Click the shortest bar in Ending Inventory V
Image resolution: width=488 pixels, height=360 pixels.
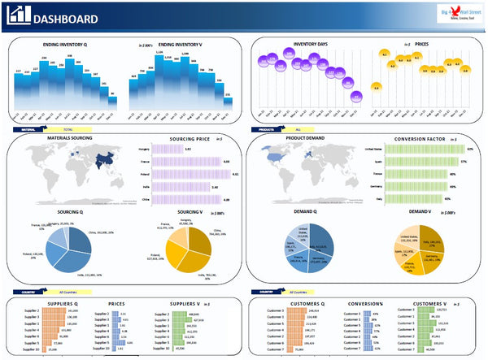pos(228,103)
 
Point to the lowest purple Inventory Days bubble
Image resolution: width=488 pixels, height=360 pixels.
pos(355,96)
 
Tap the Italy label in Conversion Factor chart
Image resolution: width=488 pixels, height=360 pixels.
pos(378,198)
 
